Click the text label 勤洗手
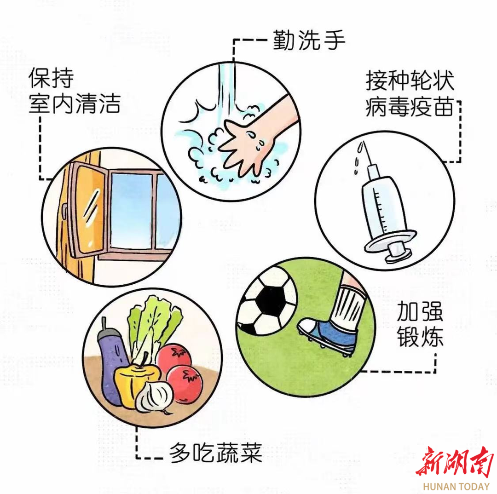[x=309, y=40]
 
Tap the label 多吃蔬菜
[x=215, y=453]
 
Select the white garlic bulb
[x=155, y=397]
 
